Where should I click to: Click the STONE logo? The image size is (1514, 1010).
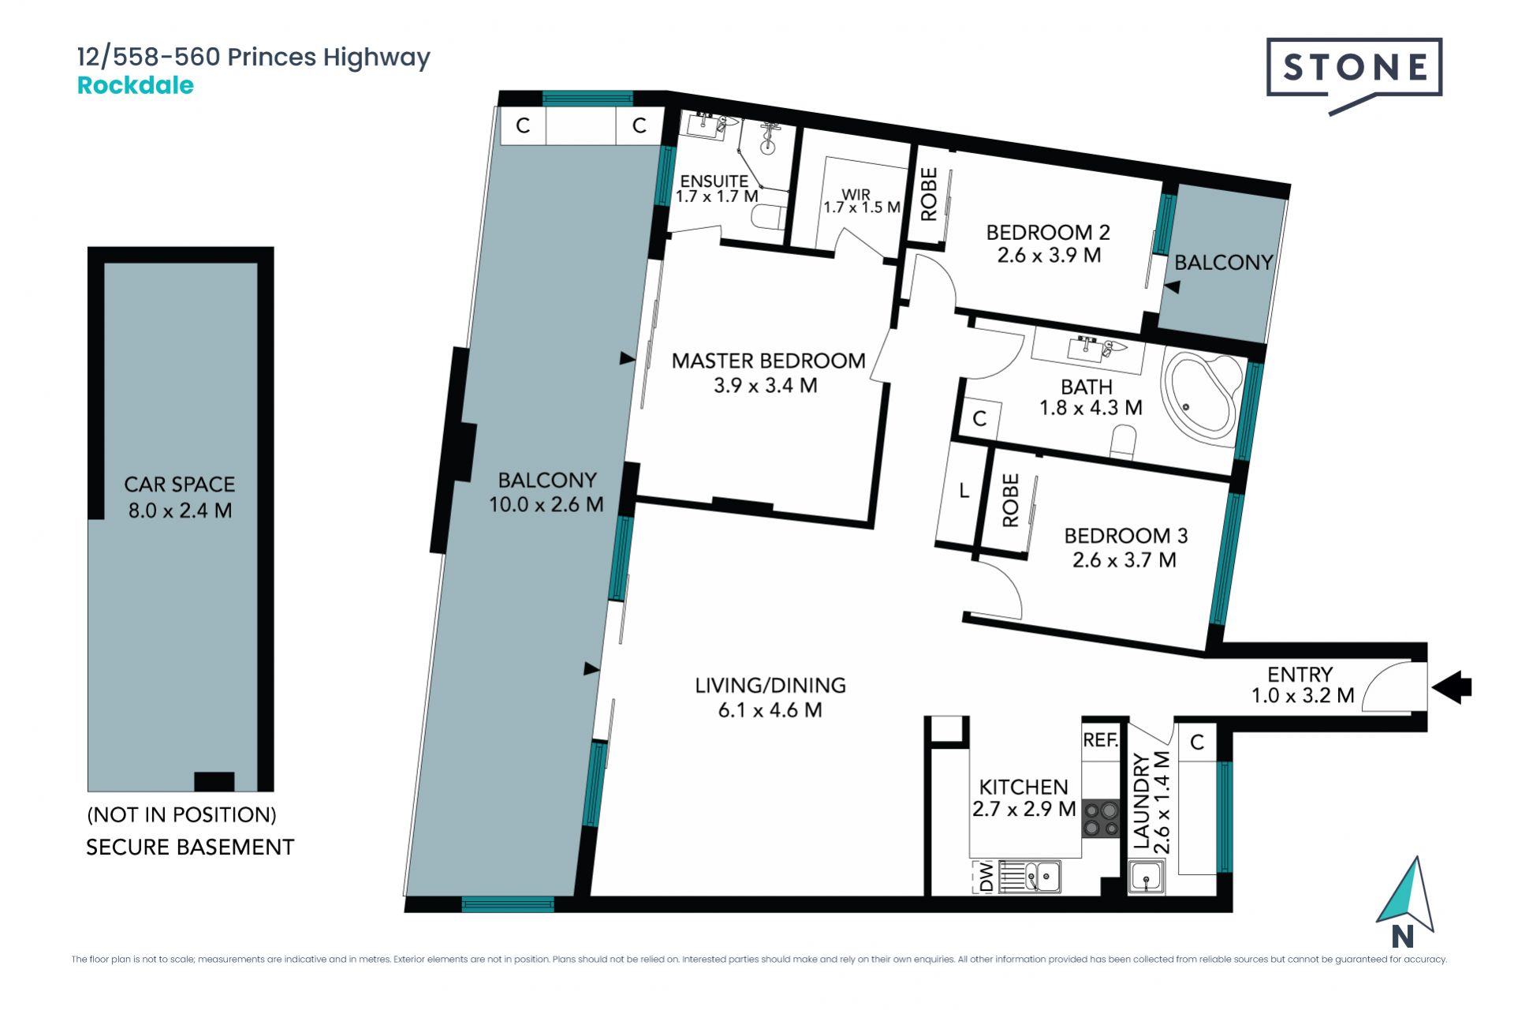click(x=1354, y=75)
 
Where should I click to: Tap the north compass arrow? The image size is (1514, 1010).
click(x=1407, y=895)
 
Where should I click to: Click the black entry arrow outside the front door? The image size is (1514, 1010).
click(x=1452, y=687)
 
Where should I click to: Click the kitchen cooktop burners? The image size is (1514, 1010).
click(x=1101, y=818)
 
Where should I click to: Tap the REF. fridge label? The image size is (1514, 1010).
click(x=1101, y=739)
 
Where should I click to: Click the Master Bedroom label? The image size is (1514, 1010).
click(x=768, y=361)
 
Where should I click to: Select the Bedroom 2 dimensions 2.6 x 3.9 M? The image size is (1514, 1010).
click(x=1049, y=256)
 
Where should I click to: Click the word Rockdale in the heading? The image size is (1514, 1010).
click(x=136, y=85)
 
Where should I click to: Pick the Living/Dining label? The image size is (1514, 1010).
click(x=770, y=685)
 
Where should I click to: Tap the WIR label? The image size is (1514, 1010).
click(x=856, y=194)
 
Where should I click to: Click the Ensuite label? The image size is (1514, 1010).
click(x=714, y=181)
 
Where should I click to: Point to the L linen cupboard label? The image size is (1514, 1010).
click(x=964, y=491)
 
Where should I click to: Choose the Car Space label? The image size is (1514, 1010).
click(x=180, y=484)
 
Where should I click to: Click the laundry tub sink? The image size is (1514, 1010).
click(x=1146, y=877)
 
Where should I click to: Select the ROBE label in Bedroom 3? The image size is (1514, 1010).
click(x=1010, y=500)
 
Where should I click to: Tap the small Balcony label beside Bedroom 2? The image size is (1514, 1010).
click(x=1224, y=263)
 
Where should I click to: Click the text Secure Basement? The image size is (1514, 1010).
click(x=190, y=847)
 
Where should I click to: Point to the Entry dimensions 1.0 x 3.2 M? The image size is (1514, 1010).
click(x=1303, y=695)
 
